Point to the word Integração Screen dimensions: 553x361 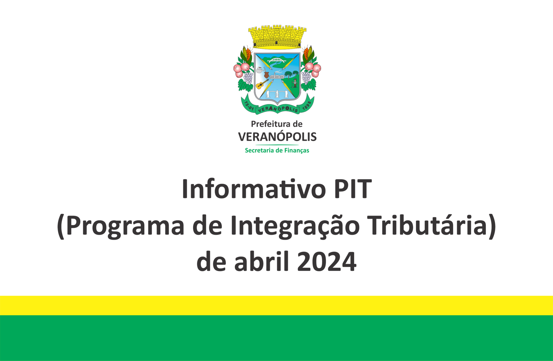(x=295, y=226)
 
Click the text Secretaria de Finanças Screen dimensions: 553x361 (x=277, y=150)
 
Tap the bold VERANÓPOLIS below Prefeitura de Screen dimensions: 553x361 (x=277, y=137)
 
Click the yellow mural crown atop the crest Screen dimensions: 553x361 (x=277, y=37)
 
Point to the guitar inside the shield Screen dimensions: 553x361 (x=262, y=84)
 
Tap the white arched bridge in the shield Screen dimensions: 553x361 (x=277, y=61)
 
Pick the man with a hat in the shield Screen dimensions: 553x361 (x=295, y=82)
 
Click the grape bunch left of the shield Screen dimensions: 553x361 (x=248, y=78)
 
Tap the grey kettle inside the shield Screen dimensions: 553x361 (x=260, y=70)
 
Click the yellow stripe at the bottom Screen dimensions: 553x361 (x=276, y=305)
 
